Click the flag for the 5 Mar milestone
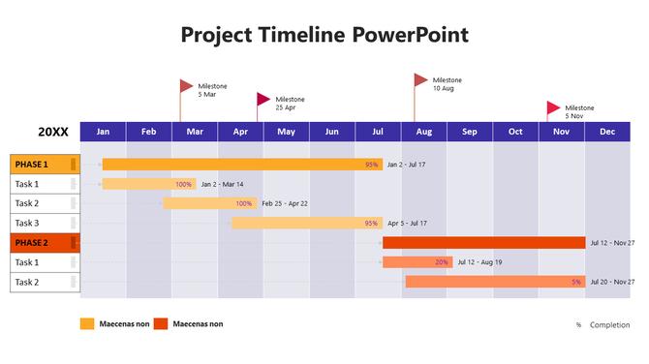pyautogui.click(x=186, y=86)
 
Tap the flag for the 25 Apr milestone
pyautogui.click(x=263, y=99)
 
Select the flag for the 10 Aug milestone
pyautogui.click(x=420, y=79)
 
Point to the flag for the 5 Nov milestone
pyautogui.click(x=553, y=107)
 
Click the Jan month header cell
pyautogui.click(x=103, y=132)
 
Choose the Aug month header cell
pyautogui.click(x=423, y=132)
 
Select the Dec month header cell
pyautogui.click(x=607, y=132)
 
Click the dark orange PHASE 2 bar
pyautogui.click(x=483, y=243)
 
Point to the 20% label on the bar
pyautogui.click(x=442, y=262)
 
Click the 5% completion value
pyautogui.click(x=576, y=282)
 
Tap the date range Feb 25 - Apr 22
pyautogui.click(x=285, y=203)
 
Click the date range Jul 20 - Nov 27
pyautogui.click(x=612, y=282)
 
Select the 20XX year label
pyautogui.click(x=53, y=131)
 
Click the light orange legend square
pyautogui.click(x=87, y=324)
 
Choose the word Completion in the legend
pyautogui.click(x=610, y=325)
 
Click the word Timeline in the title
pyautogui.click(x=299, y=35)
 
